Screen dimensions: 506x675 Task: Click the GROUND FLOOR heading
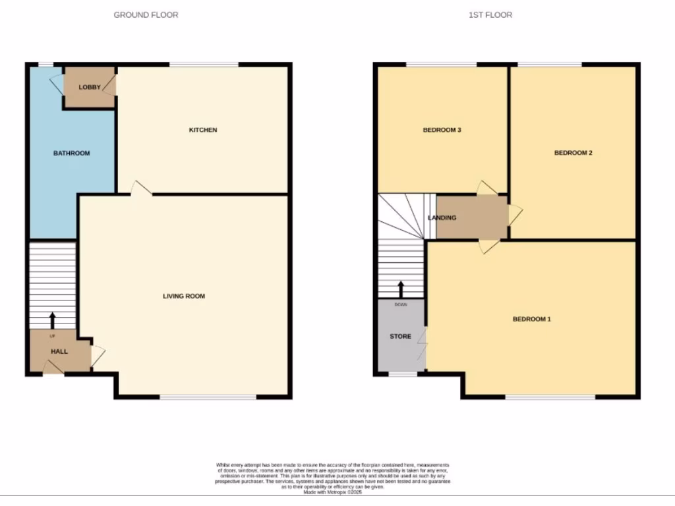click(x=146, y=14)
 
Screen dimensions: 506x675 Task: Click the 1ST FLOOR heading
click(x=490, y=14)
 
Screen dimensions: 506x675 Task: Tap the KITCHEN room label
click(x=203, y=130)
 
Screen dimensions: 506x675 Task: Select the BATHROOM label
click(x=71, y=153)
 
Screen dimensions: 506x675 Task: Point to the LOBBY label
click(x=89, y=87)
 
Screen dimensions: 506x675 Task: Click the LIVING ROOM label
click(x=184, y=296)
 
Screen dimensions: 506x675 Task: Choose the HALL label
click(x=59, y=351)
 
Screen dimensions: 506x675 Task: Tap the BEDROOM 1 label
click(x=531, y=319)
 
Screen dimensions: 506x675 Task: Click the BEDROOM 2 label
click(x=573, y=153)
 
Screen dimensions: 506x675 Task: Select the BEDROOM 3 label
click(x=442, y=130)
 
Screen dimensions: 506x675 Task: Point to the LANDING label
click(x=442, y=217)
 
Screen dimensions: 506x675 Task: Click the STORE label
click(x=400, y=336)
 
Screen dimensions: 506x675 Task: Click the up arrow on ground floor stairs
click(x=53, y=320)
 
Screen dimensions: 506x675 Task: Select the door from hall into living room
click(x=98, y=356)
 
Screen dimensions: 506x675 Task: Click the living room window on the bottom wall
click(x=208, y=397)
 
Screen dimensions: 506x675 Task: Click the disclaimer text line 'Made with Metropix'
click(x=332, y=492)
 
